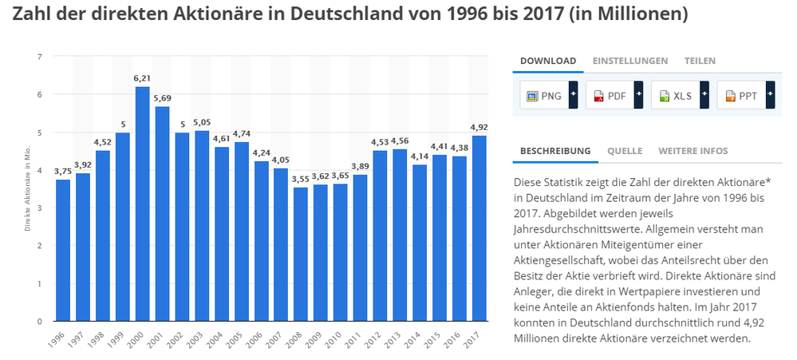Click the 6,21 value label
(x=143, y=78)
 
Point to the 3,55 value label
(x=301, y=180)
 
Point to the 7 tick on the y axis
(x=40, y=57)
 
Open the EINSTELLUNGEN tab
(x=629, y=61)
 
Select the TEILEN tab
(x=700, y=61)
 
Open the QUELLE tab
(x=624, y=150)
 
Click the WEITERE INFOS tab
(x=692, y=150)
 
